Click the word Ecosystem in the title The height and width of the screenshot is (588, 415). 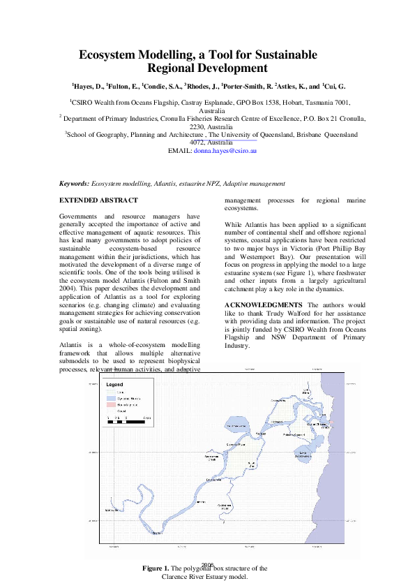tap(107, 54)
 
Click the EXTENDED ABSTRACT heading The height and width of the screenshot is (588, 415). tap(95, 200)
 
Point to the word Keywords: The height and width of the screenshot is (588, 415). tap(74, 183)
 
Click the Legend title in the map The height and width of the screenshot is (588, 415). tap(114, 385)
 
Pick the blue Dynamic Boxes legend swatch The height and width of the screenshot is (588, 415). tap(110, 397)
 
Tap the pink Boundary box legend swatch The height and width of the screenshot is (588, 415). tap(110, 404)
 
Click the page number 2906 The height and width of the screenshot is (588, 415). tap(207, 565)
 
